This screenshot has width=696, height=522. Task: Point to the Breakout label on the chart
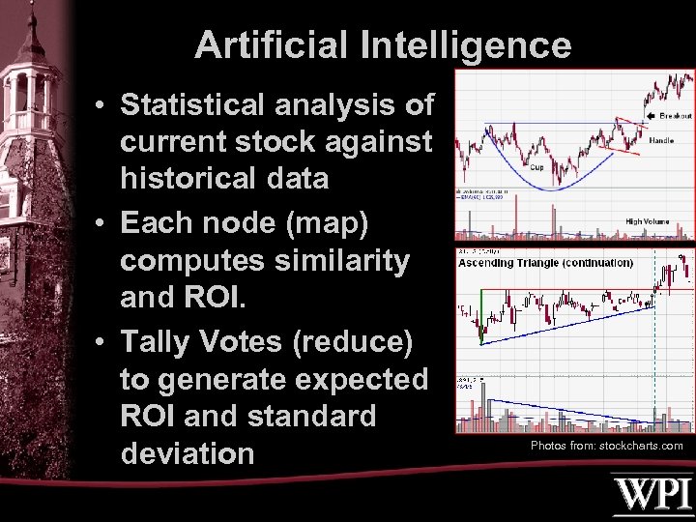pos(676,116)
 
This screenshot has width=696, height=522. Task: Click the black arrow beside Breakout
pos(651,116)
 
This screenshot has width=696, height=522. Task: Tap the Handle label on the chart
pos(661,141)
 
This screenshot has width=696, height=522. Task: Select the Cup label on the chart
pos(536,166)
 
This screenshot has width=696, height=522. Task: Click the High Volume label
pos(647,221)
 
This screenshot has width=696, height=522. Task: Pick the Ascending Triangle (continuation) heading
pos(545,263)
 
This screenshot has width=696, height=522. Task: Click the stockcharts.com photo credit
pos(607,446)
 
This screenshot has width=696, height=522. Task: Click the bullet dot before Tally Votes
pos(101,342)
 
